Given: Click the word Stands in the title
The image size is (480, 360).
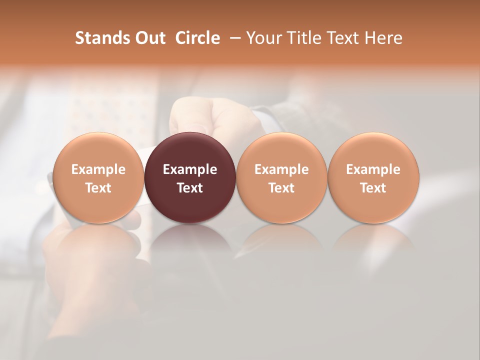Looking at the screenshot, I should click(x=96, y=38).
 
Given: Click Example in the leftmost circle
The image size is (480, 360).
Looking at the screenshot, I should click(x=98, y=169).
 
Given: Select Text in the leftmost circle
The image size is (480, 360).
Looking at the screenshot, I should click(x=98, y=188).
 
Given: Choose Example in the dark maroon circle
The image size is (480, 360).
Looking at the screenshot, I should click(x=190, y=169).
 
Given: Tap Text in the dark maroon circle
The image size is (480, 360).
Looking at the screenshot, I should click(x=190, y=188).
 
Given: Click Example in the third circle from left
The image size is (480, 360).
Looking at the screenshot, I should click(x=281, y=169).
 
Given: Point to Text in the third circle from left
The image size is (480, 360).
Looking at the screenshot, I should click(x=281, y=188).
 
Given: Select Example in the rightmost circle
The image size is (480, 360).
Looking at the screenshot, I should click(x=373, y=169).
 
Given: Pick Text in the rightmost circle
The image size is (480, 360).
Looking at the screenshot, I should click(x=373, y=188).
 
